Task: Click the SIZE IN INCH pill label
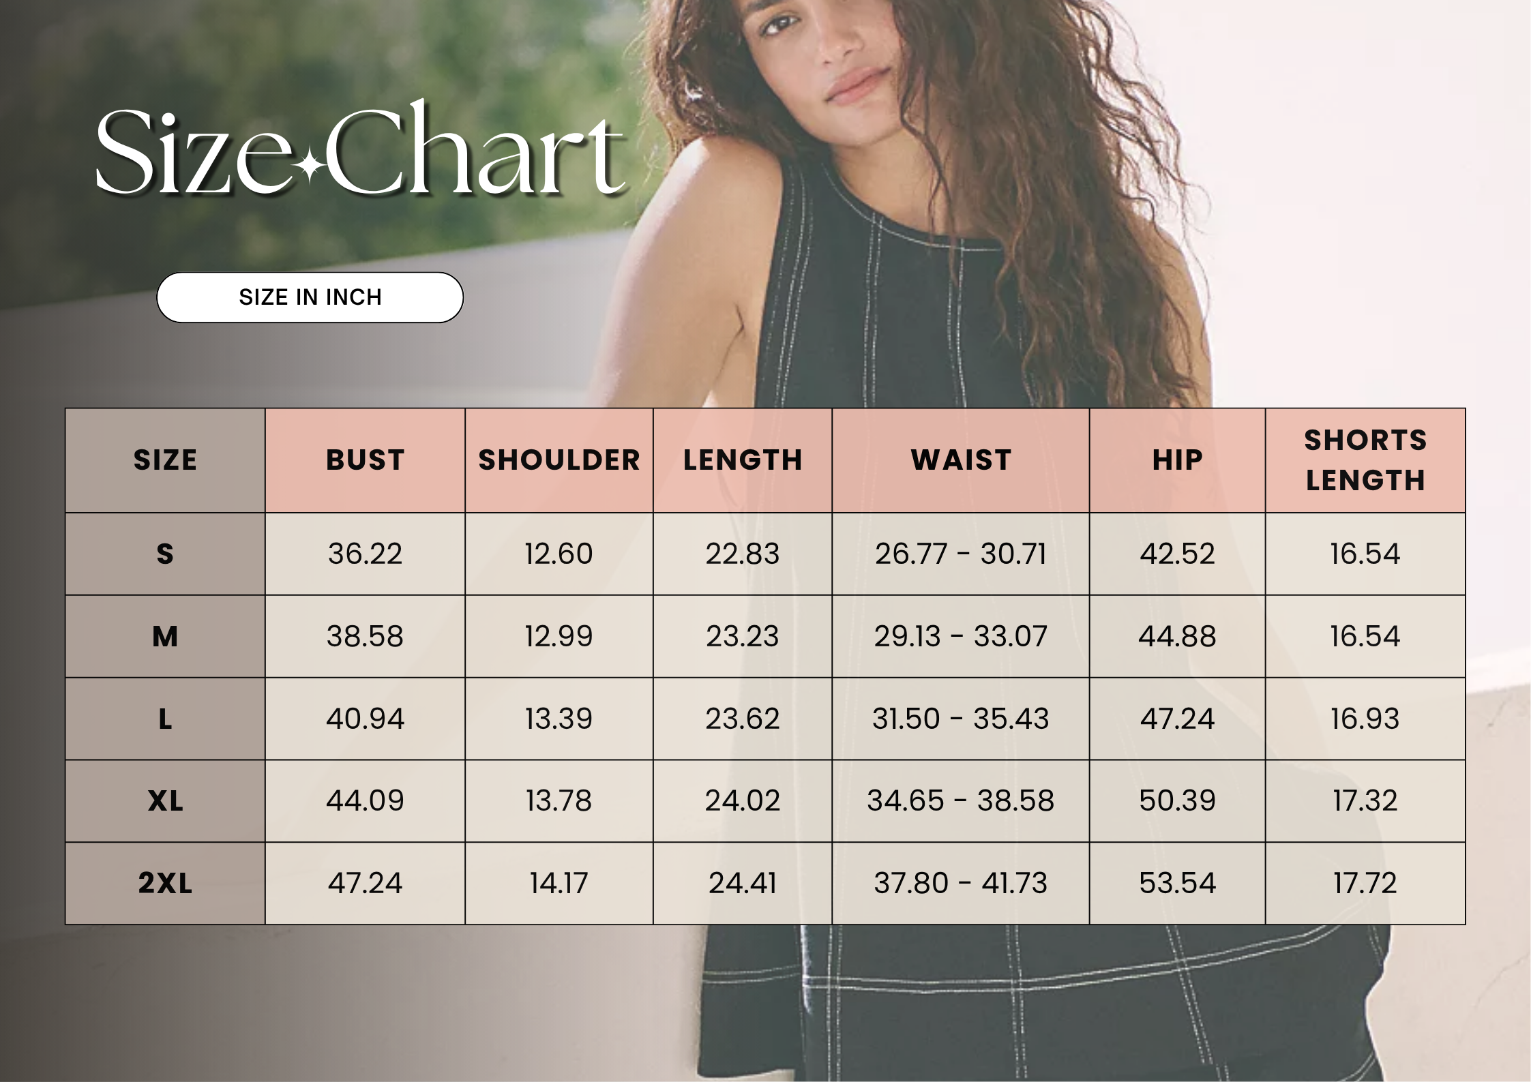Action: (x=310, y=297)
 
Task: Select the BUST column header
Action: (x=366, y=460)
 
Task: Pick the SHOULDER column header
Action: (x=559, y=460)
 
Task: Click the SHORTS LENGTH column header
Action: (x=1365, y=460)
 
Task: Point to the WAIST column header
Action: (x=961, y=460)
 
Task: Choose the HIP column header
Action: (x=1177, y=460)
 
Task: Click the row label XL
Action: (x=165, y=801)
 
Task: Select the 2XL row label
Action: (x=165, y=884)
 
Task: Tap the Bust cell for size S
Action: (x=366, y=554)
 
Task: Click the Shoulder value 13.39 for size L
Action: (x=559, y=719)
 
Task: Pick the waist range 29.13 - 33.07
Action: (x=961, y=636)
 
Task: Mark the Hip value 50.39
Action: (x=1177, y=801)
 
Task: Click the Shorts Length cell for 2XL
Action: (x=1365, y=884)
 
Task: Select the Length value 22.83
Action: (x=743, y=554)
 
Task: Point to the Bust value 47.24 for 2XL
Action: (x=366, y=884)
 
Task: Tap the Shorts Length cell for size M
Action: (x=1365, y=636)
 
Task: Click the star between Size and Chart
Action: (x=310, y=166)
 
